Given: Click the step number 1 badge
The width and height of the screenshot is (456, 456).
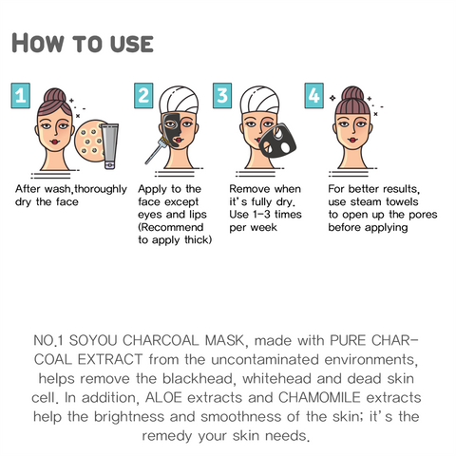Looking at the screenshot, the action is click(x=21, y=96).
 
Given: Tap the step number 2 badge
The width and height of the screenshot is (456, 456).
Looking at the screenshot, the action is click(x=143, y=96).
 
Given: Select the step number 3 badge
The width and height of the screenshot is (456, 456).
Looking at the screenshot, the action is click(x=222, y=96).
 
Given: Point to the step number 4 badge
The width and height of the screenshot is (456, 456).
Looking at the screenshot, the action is click(x=314, y=96).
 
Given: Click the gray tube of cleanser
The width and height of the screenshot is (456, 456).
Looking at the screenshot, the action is click(x=110, y=146).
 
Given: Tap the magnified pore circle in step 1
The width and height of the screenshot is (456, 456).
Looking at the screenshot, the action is click(x=88, y=141).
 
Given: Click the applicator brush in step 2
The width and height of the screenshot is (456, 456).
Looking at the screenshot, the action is click(x=157, y=150).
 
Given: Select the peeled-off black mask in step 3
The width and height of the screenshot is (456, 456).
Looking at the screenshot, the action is click(x=278, y=142).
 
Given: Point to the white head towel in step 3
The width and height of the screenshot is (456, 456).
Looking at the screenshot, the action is click(x=259, y=100).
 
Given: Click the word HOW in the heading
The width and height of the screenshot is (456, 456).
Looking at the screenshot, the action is click(x=38, y=43).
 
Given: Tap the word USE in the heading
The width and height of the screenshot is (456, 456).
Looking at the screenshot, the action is click(x=132, y=44).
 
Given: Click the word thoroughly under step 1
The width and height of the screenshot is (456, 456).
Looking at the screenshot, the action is click(x=101, y=190).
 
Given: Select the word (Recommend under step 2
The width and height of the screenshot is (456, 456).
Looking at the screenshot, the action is click(x=171, y=228).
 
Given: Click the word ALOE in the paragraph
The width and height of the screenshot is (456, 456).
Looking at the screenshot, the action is click(x=163, y=397).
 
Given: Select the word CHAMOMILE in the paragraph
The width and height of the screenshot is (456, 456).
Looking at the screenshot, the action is click(x=319, y=397).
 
